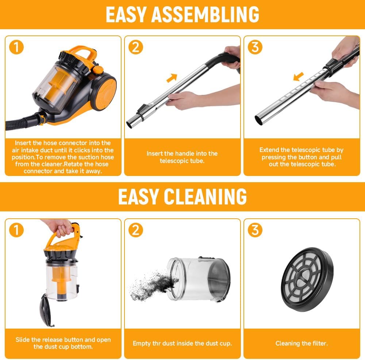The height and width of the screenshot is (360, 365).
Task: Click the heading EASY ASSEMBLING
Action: coord(182,14)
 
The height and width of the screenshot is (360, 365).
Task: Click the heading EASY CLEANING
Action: coord(182,197)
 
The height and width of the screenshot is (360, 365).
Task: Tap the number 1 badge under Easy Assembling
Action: coord(16,47)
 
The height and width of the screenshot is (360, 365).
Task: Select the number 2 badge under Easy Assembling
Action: coord(135,47)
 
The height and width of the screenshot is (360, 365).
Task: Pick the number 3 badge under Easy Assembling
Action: coord(255,47)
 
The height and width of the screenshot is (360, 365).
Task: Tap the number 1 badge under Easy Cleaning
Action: coord(16,230)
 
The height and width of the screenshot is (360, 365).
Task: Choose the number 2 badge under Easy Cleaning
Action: coord(135,230)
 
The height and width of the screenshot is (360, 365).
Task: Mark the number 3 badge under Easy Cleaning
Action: coord(255,230)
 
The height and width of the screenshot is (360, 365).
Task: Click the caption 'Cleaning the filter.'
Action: coord(301,343)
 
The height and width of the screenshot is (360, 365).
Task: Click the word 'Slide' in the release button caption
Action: coord(23,340)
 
